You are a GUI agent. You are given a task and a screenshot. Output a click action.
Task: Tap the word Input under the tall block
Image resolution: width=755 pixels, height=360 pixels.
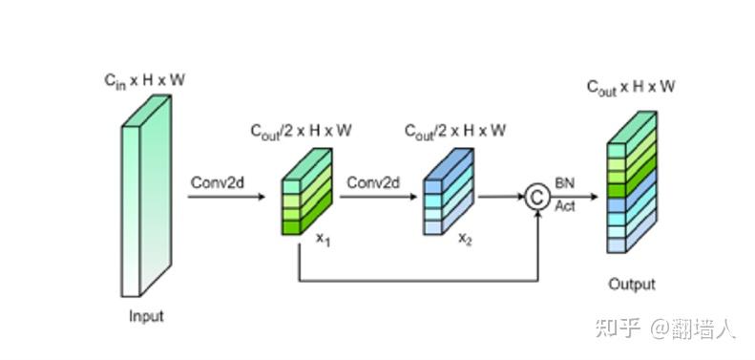click(x=146, y=316)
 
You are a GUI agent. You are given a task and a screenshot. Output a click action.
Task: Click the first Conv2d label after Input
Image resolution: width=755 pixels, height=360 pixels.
click(x=216, y=182)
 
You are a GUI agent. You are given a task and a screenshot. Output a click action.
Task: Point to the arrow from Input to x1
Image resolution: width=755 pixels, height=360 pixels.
click(x=225, y=197)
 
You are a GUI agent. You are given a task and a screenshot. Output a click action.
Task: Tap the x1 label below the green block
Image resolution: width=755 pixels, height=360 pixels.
click(x=324, y=239)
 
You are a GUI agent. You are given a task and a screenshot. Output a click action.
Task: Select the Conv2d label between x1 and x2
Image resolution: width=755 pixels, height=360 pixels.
click(x=372, y=182)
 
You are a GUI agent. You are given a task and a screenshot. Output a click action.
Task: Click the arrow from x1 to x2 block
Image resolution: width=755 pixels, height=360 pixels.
click(x=382, y=197)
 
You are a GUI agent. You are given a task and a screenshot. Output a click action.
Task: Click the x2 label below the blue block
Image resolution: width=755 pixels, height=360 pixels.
click(x=465, y=239)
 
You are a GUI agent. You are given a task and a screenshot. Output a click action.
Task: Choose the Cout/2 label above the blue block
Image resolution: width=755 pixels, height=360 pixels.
click(x=454, y=130)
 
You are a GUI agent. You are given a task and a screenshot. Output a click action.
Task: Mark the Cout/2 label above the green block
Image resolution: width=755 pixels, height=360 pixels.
click(x=302, y=130)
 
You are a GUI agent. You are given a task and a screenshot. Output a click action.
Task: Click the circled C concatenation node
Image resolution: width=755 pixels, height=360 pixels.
click(x=537, y=198)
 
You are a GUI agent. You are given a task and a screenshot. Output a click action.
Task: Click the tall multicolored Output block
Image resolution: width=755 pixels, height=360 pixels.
click(x=632, y=181)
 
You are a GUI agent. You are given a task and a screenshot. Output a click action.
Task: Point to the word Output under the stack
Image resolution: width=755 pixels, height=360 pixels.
click(x=632, y=284)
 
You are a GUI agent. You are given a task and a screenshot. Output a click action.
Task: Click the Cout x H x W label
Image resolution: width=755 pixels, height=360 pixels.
click(x=631, y=87)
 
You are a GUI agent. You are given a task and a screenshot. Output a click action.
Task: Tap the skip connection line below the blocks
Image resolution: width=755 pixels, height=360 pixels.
click(x=420, y=281)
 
